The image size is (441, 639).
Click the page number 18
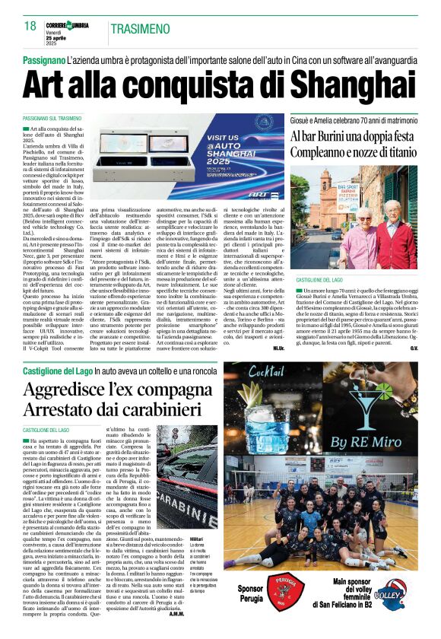point(30,27)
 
